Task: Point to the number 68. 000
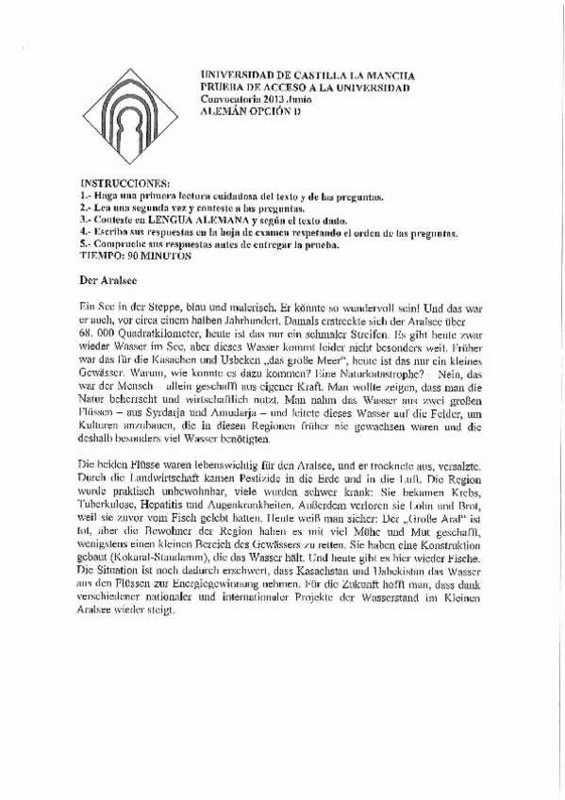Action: [x=97, y=335]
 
